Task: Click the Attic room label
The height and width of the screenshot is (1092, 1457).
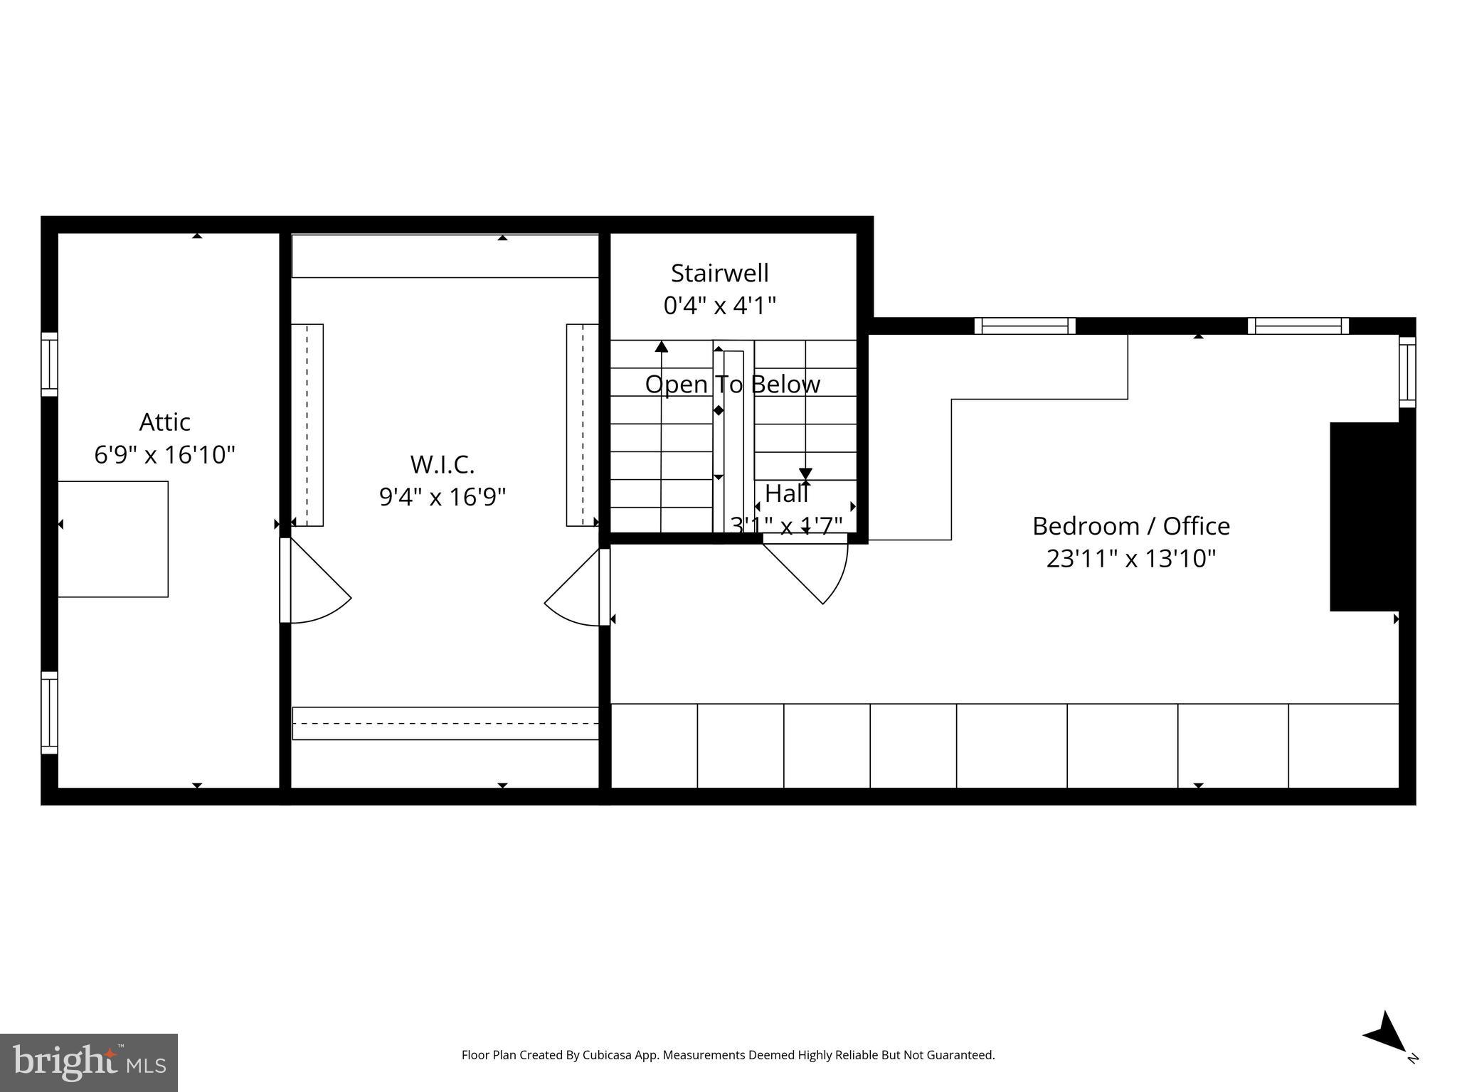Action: coord(164,422)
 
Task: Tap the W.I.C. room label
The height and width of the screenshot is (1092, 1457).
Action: coord(442,464)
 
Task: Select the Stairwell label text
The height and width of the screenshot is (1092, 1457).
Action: coord(719,273)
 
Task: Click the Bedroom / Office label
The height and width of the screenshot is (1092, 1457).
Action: coord(1130,526)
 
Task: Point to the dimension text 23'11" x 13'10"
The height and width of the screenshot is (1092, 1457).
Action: coord(1130,559)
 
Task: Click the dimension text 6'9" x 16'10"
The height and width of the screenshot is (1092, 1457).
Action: coord(164,454)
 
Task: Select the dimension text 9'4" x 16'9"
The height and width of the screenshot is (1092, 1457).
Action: coord(442,497)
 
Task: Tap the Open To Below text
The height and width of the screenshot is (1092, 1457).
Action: coord(732,385)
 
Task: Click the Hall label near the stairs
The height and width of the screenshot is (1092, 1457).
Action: coord(786,493)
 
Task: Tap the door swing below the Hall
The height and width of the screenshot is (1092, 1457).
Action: coord(811,569)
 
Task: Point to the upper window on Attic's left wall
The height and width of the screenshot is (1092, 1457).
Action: coord(48,364)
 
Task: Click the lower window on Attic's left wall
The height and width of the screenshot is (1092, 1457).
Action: coord(48,712)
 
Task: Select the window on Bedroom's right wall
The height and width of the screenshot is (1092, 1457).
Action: coord(1407,372)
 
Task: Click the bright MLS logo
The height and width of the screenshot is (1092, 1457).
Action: coord(89,1063)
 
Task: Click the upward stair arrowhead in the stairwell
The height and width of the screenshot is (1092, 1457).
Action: coord(662,346)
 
